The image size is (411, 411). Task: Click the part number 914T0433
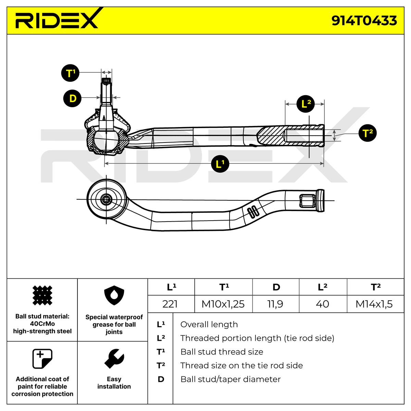(x=364, y=21)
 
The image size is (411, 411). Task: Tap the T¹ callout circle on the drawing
(x=71, y=73)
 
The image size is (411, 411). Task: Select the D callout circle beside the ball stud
(x=73, y=98)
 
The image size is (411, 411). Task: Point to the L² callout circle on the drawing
(x=306, y=104)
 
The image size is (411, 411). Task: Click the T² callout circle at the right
(x=368, y=133)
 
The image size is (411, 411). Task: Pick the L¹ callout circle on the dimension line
(x=220, y=164)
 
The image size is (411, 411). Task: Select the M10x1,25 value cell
(x=223, y=304)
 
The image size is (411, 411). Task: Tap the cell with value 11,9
(x=276, y=304)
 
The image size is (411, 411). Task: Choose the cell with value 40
(x=323, y=304)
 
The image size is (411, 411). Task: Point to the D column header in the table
(x=276, y=287)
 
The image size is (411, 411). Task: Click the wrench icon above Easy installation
(x=114, y=359)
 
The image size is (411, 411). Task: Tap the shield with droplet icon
(x=114, y=295)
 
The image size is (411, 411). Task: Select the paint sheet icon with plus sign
(x=42, y=359)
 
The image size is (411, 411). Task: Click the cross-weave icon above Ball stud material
(x=42, y=295)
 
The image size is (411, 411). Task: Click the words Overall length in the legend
(x=209, y=324)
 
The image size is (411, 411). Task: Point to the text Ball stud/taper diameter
(x=231, y=379)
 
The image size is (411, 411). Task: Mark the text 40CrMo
(x=42, y=324)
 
